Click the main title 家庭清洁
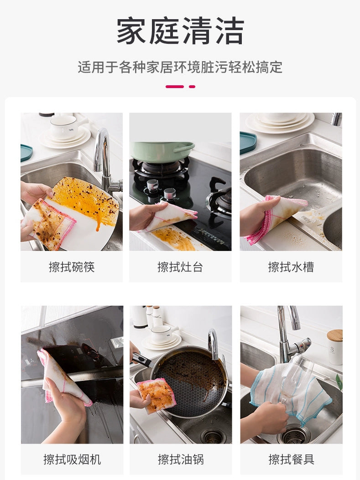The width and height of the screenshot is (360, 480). pyautogui.click(x=180, y=31)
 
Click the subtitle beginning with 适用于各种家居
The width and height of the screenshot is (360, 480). pyautogui.click(x=180, y=68)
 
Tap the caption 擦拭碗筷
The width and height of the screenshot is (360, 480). pyautogui.click(x=72, y=267)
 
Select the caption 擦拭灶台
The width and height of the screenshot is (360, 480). pyautogui.click(x=180, y=267)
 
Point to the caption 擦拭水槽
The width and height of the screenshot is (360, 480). pyautogui.click(x=291, y=267)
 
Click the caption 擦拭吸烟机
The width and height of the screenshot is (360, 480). pyautogui.click(x=72, y=459)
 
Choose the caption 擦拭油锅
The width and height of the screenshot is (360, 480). pyautogui.click(x=180, y=459)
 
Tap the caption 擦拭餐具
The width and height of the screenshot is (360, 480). pyautogui.click(x=291, y=459)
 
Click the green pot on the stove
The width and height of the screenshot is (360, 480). pyautogui.click(x=162, y=151)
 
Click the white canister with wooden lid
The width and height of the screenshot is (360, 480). pyautogui.click(x=334, y=347)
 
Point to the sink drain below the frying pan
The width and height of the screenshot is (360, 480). pyautogui.click(x=213, y=436)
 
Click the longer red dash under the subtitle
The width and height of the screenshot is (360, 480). pyautogui.click(x=174, y=87)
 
